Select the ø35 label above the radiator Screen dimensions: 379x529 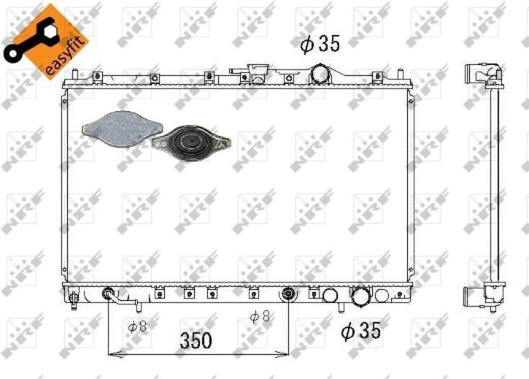tap(320, 44)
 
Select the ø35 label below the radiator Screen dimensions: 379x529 tap(361, 331)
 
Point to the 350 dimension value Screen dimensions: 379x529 tap(196, 340)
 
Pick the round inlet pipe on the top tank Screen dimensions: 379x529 tap(320, 74)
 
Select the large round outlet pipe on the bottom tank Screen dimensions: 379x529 tap(360, 296)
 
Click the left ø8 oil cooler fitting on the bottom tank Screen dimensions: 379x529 tap(109, 295)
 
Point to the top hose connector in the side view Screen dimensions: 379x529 tap(487, 74)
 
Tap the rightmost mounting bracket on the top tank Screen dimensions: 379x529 tap(377, 77)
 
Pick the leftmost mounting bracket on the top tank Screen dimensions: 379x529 tap(96, 76)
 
